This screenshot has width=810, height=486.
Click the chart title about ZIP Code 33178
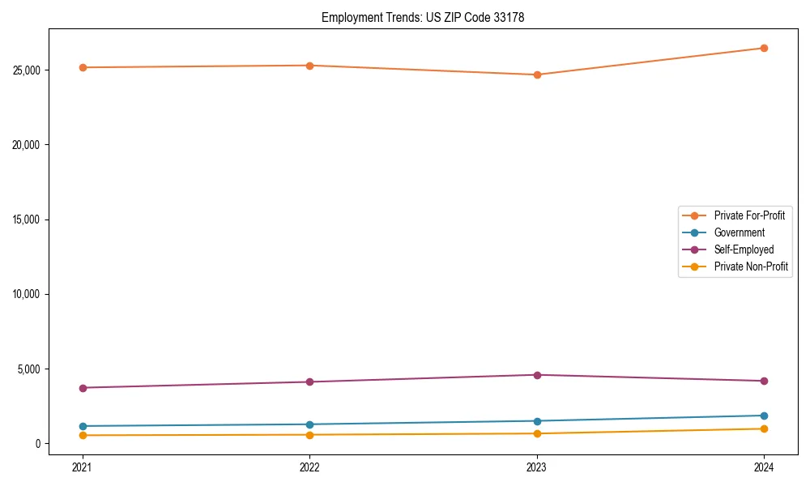point(423,17)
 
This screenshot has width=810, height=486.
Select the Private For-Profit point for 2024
point(764,48)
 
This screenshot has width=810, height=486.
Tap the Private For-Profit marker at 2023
point(536,75)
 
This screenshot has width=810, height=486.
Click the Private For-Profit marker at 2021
point(82,67)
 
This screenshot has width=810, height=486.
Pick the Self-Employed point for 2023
point(536,375)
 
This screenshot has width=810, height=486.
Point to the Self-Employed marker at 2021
point(82,388)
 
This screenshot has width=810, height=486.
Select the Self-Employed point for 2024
point(764,381)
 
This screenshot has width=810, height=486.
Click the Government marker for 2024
point(764,416)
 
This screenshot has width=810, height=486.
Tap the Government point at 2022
point(309,424)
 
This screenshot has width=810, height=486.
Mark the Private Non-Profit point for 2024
point(764,428)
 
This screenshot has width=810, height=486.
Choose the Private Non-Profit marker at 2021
point(82,436)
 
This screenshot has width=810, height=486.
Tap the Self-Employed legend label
point(744,249)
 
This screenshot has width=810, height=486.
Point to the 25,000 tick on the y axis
point(28,70)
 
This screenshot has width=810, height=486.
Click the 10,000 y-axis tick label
point(28,294)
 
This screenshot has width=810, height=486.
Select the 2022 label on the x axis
point(309,467)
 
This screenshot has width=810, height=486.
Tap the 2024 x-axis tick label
point(764,467)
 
